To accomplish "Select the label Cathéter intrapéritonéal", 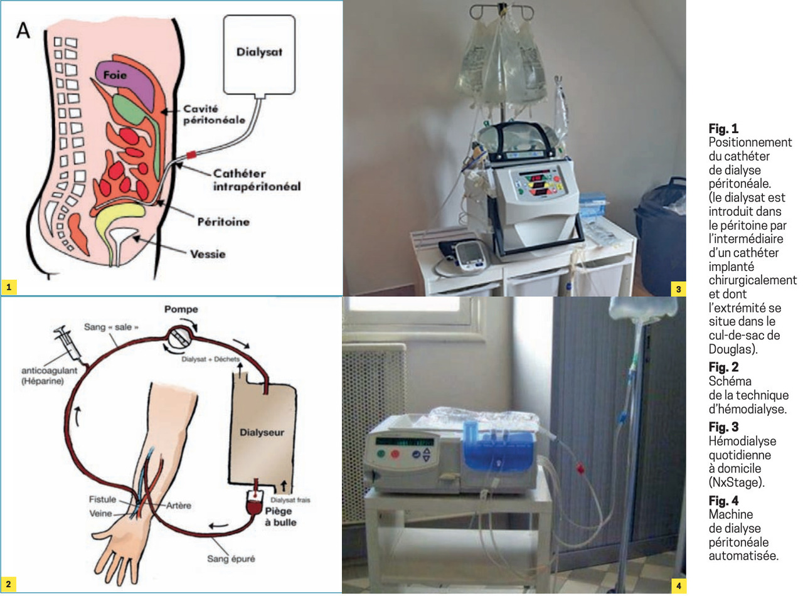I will [257, 179].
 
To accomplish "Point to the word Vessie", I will [208, 254].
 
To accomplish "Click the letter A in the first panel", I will [23, 31].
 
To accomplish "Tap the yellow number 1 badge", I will [8, 288].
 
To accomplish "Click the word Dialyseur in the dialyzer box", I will [263, 432].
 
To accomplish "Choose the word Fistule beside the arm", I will [103, 499].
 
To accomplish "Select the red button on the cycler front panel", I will [396, 454].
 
